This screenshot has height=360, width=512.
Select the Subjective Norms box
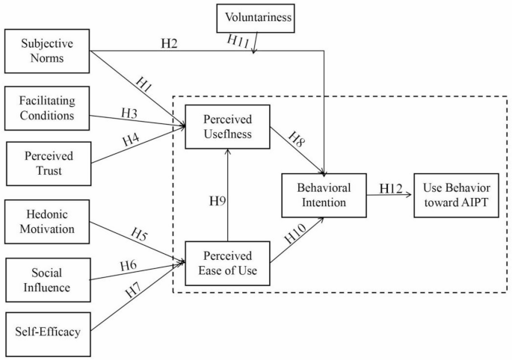tap(47, 51)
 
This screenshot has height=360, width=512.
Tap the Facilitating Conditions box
tap(47, 108)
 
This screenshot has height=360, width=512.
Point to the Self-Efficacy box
tap(47, 329)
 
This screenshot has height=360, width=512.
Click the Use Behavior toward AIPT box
tap(456, 194)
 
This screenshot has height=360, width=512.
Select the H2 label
tap(170, 43)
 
